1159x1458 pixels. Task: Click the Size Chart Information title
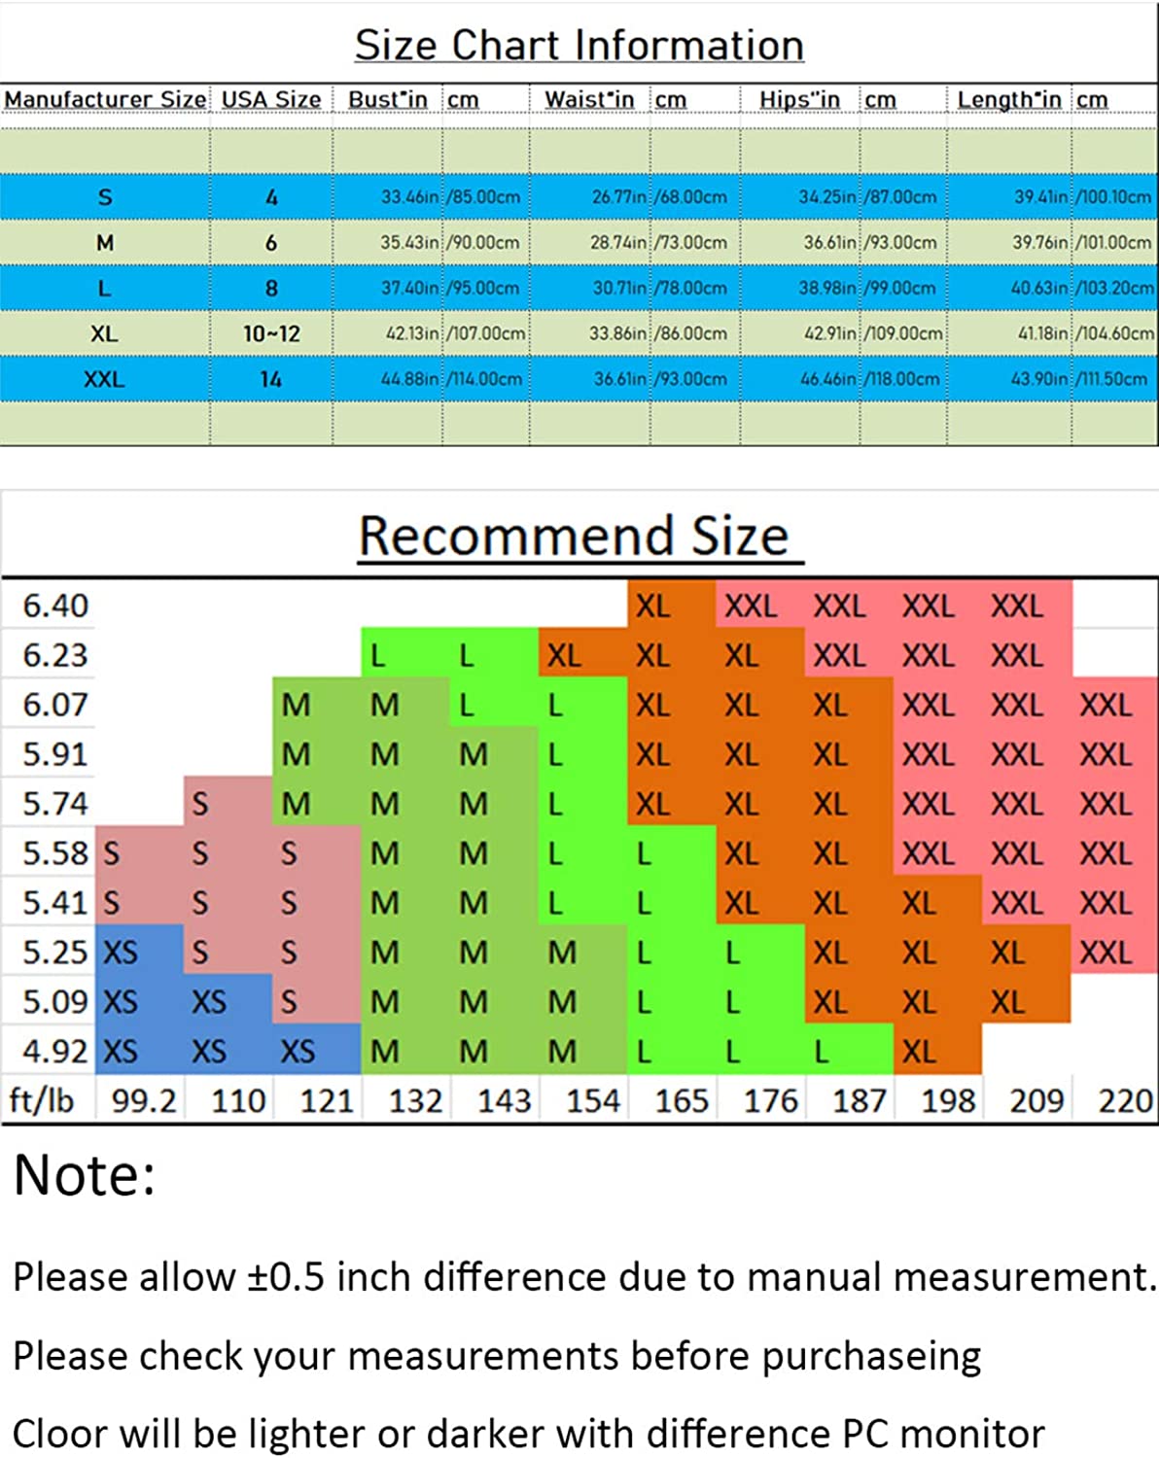click(x=579, y=46)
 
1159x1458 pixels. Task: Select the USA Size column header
click(x=271, y=100)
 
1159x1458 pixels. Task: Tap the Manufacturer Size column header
click(x=105, y=100)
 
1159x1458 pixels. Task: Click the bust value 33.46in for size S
click(x=409, y=197)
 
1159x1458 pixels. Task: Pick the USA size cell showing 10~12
click(x=271, y=334)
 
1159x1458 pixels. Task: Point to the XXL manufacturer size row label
click(x=104, y=380)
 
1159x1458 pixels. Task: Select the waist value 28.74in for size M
click(x=617, y=243)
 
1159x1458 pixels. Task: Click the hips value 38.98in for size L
click(x=827, y=289)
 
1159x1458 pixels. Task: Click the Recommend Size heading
click(x=574, y=537)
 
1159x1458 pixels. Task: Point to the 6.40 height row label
click(x=55, y=607)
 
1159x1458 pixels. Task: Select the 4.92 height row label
click(x=55, y=1052)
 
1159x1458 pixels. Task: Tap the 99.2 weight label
click(x=144, y=1101)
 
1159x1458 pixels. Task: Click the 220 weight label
click(x=1125, y=1101)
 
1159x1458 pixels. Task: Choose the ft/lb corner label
click(x=42, y=1101)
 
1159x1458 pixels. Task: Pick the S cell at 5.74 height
click(x=199, y=804)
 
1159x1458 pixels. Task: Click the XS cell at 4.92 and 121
click(x=298, y=1052)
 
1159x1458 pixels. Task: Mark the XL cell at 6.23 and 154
click(x=564, y=656)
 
